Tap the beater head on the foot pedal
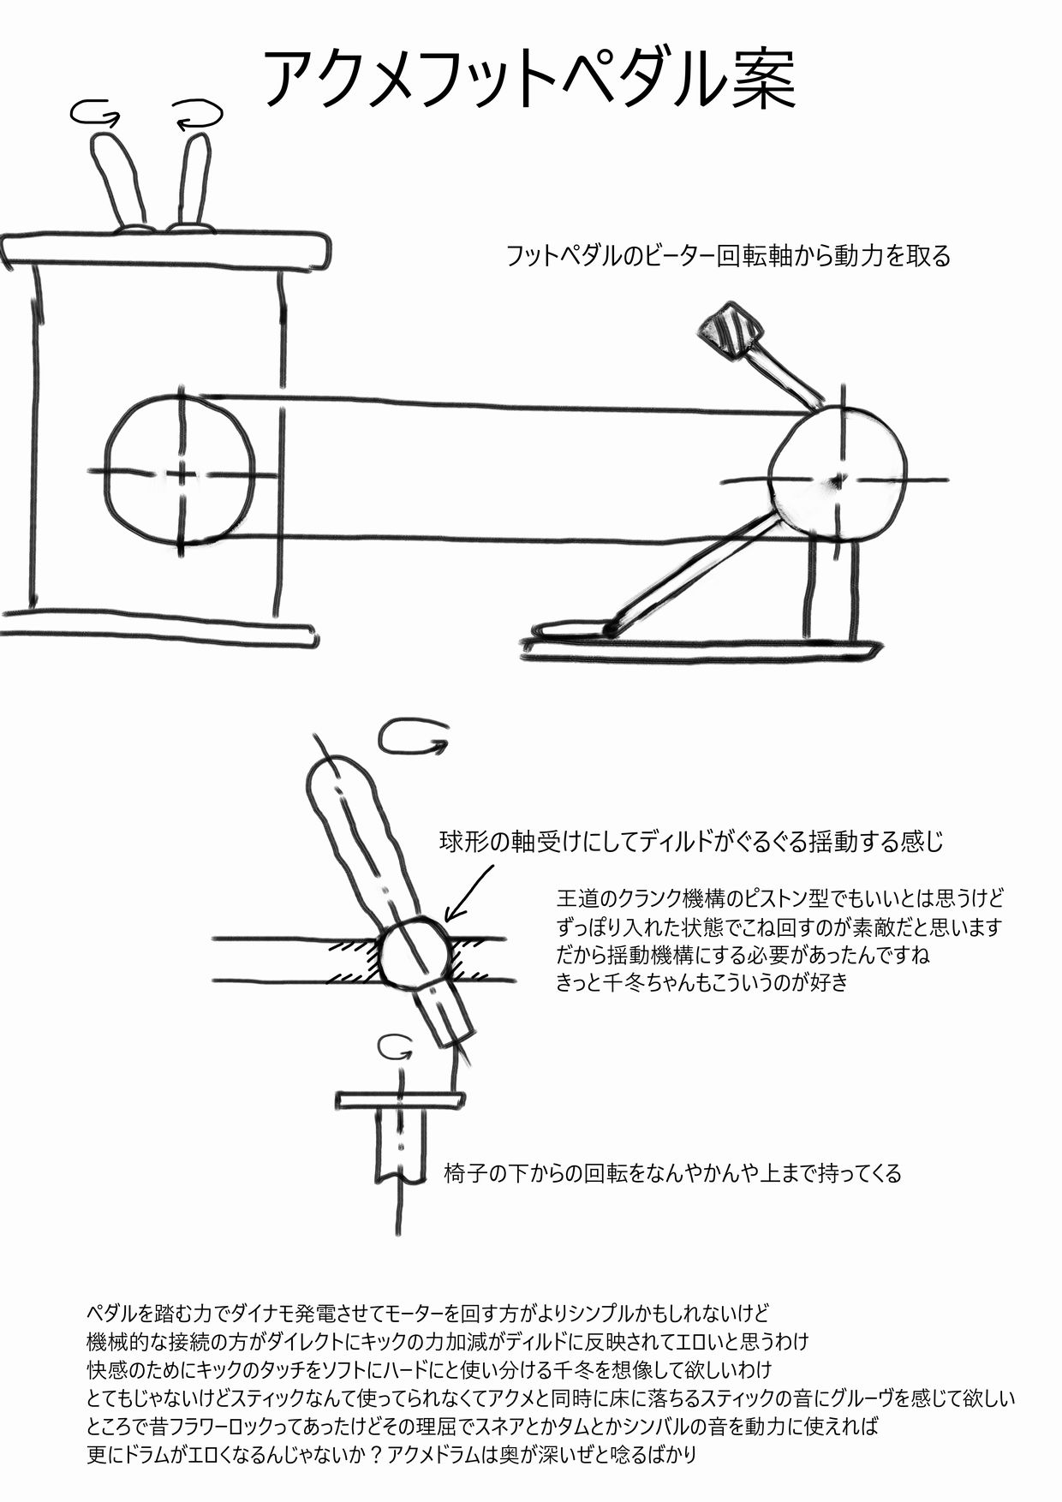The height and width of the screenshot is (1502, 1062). point(731,329)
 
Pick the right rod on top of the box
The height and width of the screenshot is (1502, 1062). point(194,180)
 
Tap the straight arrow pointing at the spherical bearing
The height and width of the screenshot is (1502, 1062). point(470,892)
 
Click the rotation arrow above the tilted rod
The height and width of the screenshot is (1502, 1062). point(413,739)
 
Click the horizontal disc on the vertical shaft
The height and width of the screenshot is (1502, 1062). point(401,1099)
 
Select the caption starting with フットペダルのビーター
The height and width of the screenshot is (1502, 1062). point(729,256)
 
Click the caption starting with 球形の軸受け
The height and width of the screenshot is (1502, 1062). point(692,842)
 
